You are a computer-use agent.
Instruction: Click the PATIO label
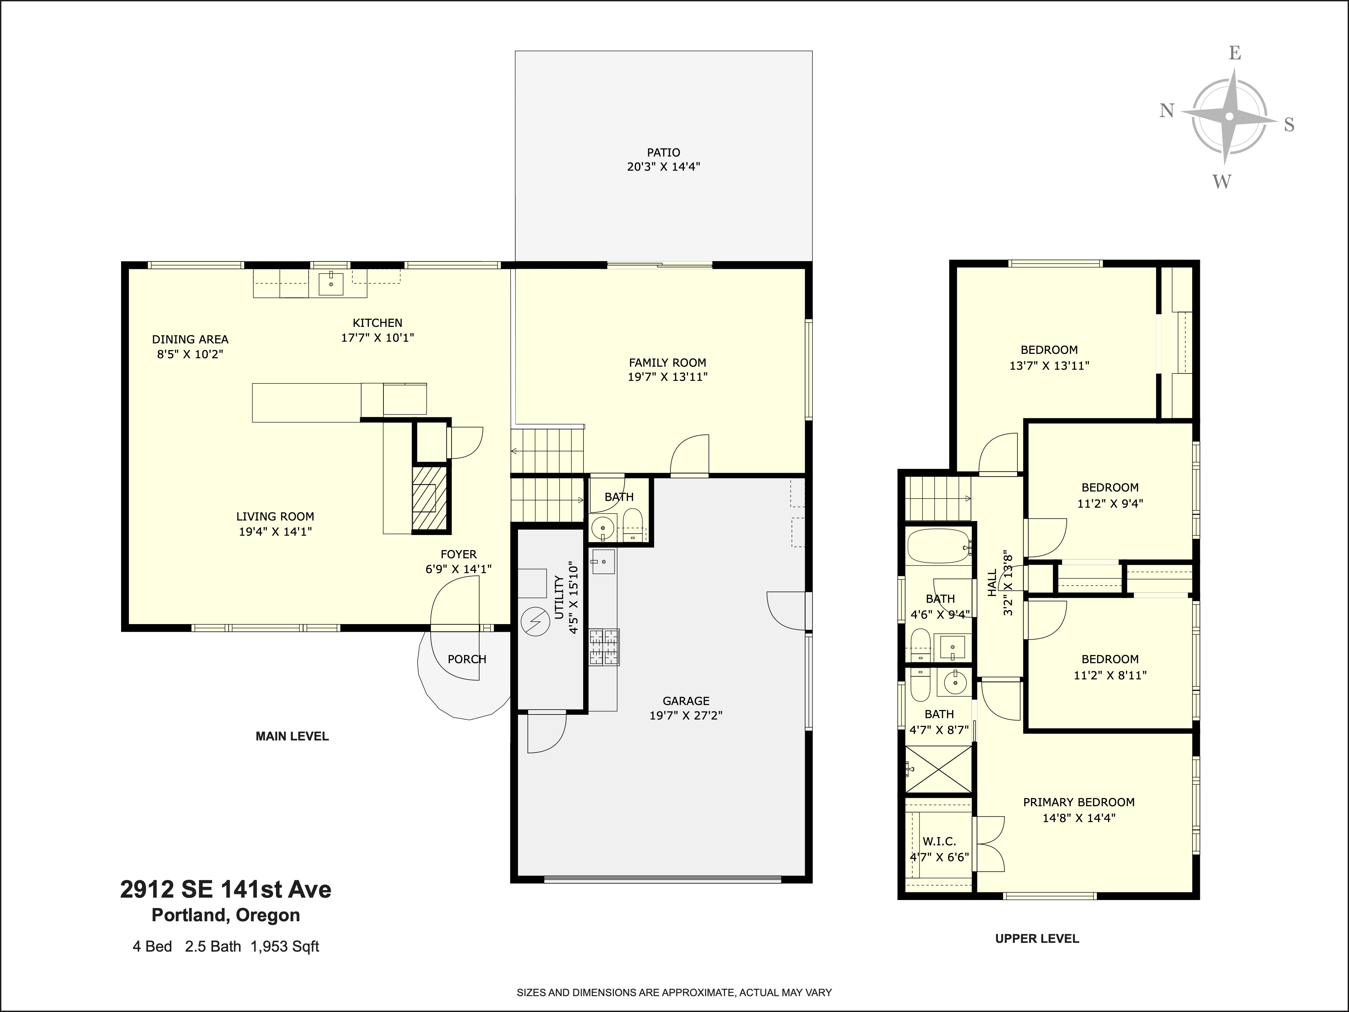coord(663,152)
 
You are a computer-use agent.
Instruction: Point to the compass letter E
coord(1234,54)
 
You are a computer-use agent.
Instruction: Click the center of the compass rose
coord(1230,116)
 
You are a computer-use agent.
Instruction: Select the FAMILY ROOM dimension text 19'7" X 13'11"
coord(667,377)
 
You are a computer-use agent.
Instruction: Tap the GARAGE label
coord(686,701)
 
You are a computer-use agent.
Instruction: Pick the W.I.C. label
coord(939,841)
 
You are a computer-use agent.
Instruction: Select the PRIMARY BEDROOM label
coord(1078,802)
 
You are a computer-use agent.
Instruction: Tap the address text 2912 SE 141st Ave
coord(226,890)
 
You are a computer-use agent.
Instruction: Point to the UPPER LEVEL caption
coord(1037,939)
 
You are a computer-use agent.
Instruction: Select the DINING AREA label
coord(190,339)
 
